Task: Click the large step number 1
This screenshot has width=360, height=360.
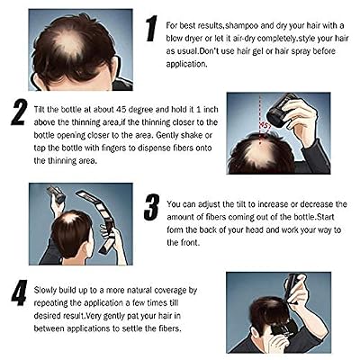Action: click(152, 29)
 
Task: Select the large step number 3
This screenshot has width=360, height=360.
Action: click(151, 207)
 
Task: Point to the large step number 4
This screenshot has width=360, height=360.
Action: click(20, 292)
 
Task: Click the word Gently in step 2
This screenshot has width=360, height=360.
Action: click(167, 135)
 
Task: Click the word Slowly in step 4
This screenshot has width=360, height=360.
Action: click(45, 291)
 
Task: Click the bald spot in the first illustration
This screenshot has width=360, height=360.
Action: click(70, 45)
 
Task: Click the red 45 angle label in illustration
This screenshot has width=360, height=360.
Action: click(265, 125)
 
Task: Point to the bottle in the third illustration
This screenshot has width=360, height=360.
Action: click(56, 194)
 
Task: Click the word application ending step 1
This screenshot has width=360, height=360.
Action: click(186, 64)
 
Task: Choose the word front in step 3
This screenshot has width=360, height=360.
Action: click(190, 242)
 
